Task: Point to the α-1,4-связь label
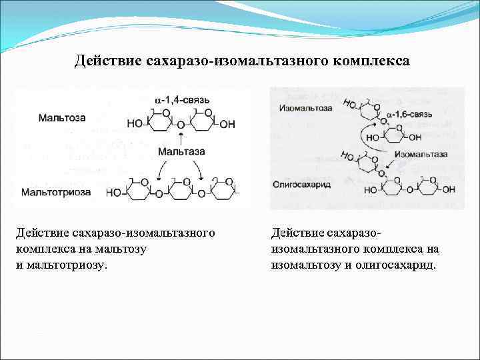pyautogui.click(x=182, y=100)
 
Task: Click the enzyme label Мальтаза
pyautogui.click(x=181, y=151)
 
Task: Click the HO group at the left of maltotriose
pyautogui.click(x=115, y=193)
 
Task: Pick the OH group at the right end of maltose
pyautogui.click(x=227, y=125)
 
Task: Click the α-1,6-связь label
pyautogui.click(x=409, y=114)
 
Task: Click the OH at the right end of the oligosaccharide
pyautogui.click(x=449, y=189)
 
